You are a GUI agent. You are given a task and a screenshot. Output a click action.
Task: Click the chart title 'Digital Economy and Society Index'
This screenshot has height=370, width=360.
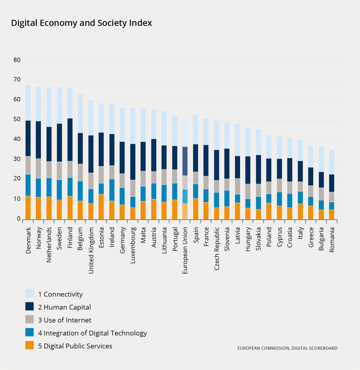81,23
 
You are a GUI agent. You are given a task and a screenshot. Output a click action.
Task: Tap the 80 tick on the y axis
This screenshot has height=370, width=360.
17,60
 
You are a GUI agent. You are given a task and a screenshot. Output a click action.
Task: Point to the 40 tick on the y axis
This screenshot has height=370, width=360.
17,140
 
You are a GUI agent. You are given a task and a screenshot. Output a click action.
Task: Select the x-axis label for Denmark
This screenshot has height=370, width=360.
28,240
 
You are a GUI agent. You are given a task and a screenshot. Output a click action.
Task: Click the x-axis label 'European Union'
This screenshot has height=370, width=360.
185,251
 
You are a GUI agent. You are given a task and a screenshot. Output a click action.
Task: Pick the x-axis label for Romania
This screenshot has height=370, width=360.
332,239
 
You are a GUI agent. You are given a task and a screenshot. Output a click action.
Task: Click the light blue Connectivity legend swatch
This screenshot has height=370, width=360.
30,294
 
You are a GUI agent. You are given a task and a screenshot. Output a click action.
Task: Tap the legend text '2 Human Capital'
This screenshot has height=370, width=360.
64,307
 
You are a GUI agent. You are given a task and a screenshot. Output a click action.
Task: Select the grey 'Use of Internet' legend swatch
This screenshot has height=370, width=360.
30,320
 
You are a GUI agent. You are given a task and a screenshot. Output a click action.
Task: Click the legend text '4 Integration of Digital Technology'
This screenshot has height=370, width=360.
92,333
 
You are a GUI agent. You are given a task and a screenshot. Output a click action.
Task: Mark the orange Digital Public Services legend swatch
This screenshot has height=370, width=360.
30,346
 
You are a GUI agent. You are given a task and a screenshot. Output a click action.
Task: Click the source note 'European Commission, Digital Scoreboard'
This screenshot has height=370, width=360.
287,348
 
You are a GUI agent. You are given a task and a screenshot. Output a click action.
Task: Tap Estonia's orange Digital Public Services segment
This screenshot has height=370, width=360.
101,207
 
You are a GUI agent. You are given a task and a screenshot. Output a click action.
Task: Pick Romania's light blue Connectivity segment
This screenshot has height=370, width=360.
331,162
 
